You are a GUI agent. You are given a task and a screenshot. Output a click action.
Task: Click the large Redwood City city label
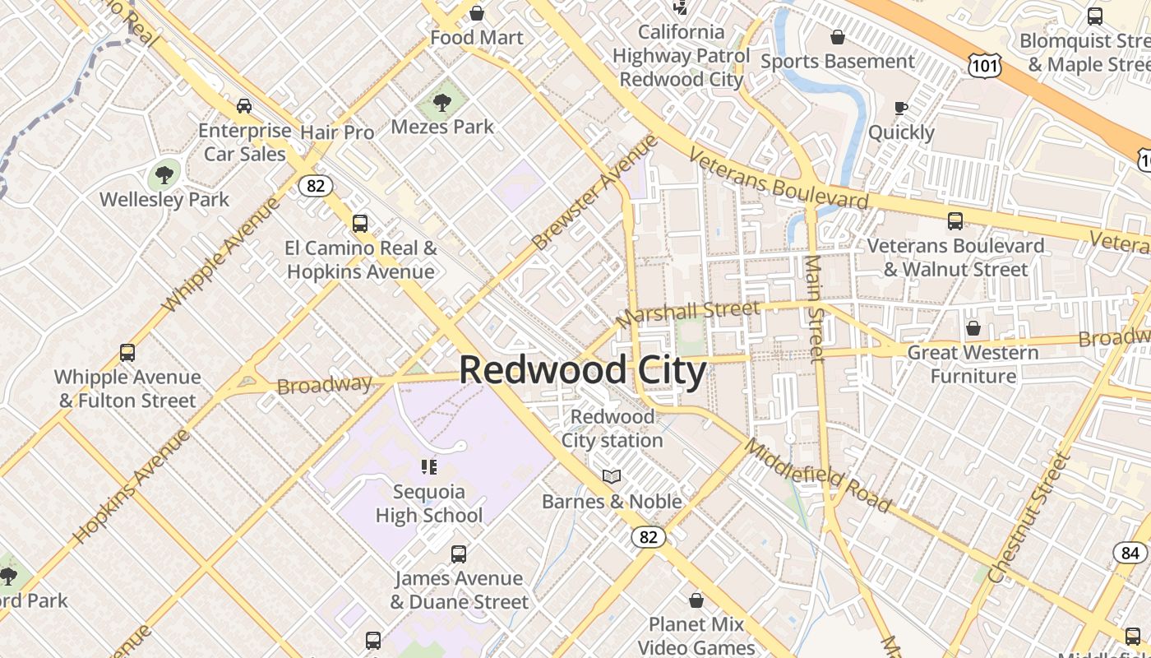point(583,370)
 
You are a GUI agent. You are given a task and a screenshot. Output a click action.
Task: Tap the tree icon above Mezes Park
point(442,103)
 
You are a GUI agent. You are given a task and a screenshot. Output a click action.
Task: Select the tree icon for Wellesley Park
point(164,174)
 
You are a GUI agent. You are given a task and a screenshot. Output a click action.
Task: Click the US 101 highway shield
point(984,66)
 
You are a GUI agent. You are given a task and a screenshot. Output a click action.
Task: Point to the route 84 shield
point(1130,553)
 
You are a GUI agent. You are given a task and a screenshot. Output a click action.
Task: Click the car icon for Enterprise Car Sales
point(244,106)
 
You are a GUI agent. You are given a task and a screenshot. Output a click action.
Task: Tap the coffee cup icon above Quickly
point(901,108)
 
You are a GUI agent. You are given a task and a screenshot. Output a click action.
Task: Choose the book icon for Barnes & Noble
point(611,477)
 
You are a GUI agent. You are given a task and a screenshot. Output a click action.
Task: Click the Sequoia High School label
point(429,503)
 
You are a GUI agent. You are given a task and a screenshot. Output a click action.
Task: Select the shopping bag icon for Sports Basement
point(837,37)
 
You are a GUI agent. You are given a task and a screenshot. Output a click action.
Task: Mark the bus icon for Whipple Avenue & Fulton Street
point(127,353)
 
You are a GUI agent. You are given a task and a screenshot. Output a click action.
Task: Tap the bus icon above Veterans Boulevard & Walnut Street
point(955,221)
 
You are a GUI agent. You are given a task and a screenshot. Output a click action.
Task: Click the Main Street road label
point(815,308)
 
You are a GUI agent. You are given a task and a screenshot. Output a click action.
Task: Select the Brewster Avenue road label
point(595,192)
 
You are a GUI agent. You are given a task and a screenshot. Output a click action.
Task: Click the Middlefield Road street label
point(817,475)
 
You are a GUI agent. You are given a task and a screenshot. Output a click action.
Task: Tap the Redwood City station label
point(612,429)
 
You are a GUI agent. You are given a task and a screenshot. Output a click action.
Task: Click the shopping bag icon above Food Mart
point(476,13)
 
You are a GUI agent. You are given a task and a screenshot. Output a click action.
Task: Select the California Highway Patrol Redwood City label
point(682,56)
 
